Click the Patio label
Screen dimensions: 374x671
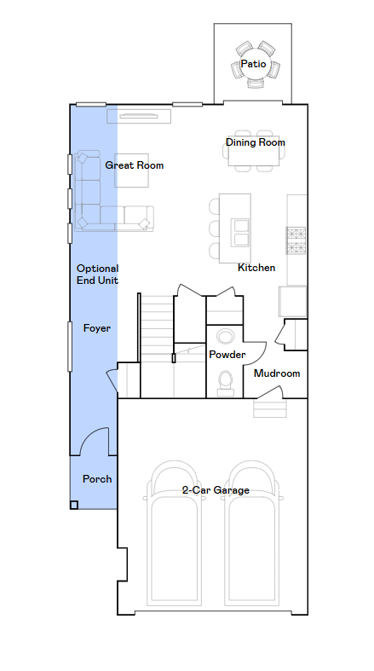tap(254, 64)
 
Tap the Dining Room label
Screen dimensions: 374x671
tap(256, 142)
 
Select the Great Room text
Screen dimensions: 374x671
tap(135, 165)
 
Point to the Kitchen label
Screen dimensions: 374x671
tap(256, 268)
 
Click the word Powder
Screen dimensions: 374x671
tap(227, 355)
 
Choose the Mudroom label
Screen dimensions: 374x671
tap(277, 373)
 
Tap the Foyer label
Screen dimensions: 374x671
tap(97, 328)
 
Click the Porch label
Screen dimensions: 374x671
tap(97, 479)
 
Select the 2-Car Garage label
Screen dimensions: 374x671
tap(216, 490)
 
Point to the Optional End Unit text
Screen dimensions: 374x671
tap(97, 275)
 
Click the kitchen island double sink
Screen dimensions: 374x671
tap(239, 233)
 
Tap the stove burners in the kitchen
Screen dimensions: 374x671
tap(296, 240)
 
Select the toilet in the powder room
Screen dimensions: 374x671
tap(225, 384)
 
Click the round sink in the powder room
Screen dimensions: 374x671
tap(225, 337)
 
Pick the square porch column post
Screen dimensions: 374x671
tap(74, 505)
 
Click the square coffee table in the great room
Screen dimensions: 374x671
tap(132, 171)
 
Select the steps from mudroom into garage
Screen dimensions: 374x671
tap(270, 408)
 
